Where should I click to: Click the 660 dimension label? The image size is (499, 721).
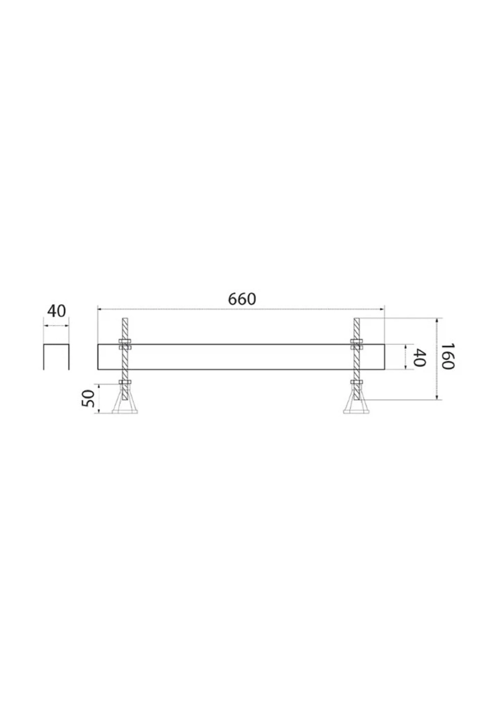[242, 299]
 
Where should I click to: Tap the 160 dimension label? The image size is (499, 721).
[447, 357]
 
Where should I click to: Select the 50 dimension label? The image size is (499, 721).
[88, 398]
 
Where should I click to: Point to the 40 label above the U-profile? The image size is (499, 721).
[56, 311]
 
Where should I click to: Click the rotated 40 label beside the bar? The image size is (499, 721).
[419, 358]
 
